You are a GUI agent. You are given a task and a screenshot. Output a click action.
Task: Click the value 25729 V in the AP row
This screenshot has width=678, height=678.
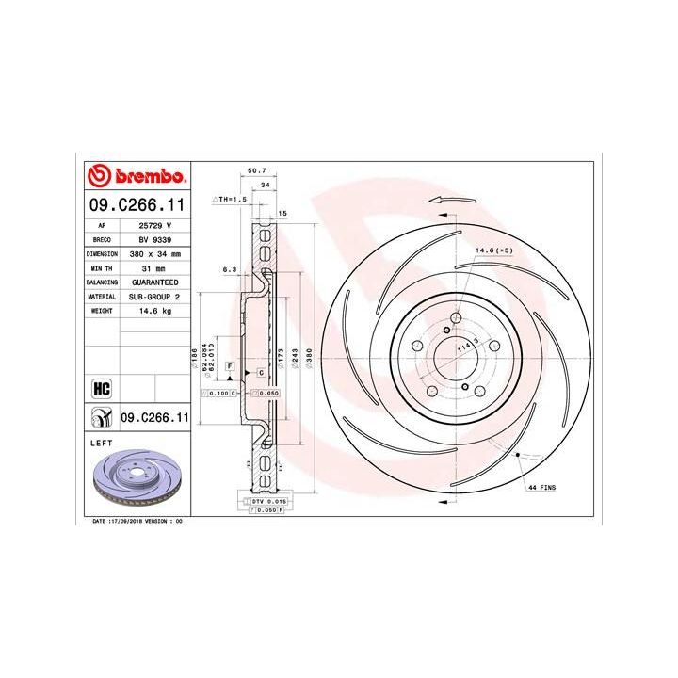click(x=155, y=227)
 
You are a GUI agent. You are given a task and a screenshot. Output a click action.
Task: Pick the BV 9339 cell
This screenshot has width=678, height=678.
click(x=155, y=240)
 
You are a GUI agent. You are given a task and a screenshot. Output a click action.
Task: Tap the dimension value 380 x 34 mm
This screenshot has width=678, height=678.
click(x=155, y=254)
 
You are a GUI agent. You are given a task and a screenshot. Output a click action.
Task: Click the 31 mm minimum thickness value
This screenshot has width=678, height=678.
click(x=155, y=268)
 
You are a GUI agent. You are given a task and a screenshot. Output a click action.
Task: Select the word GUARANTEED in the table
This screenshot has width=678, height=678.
click(x=155, y=282)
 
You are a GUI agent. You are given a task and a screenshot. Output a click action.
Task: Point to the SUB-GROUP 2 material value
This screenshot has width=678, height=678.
click(x=155, y=296)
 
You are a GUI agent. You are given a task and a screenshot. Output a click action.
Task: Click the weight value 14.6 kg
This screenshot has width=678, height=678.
click(x=155, y=309)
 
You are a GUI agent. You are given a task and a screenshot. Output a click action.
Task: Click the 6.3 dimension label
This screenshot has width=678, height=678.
click(x=228, y=268)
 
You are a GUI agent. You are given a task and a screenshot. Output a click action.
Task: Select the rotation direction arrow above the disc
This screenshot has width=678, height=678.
click(x=448, y=200)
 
